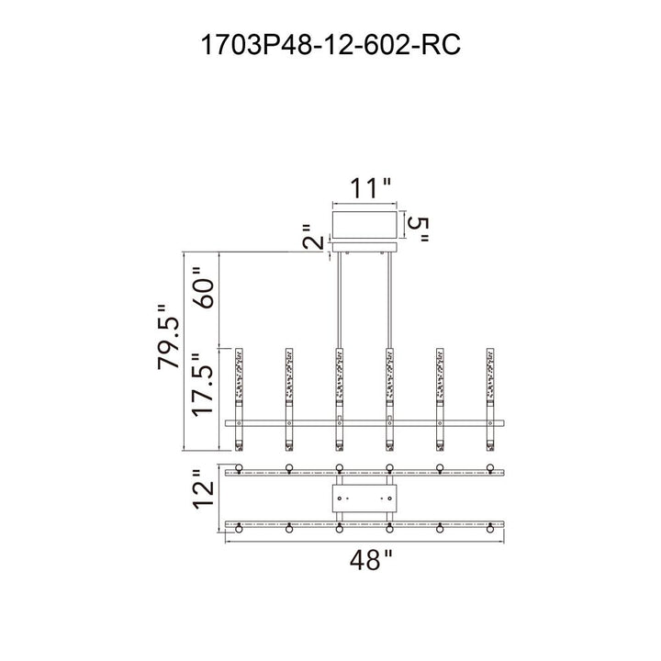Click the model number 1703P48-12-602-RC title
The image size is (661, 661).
point(330,42)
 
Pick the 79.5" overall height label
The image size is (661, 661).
point(170,337)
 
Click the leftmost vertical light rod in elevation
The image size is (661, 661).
point(241,398)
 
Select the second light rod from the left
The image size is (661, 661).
point(289,398)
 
